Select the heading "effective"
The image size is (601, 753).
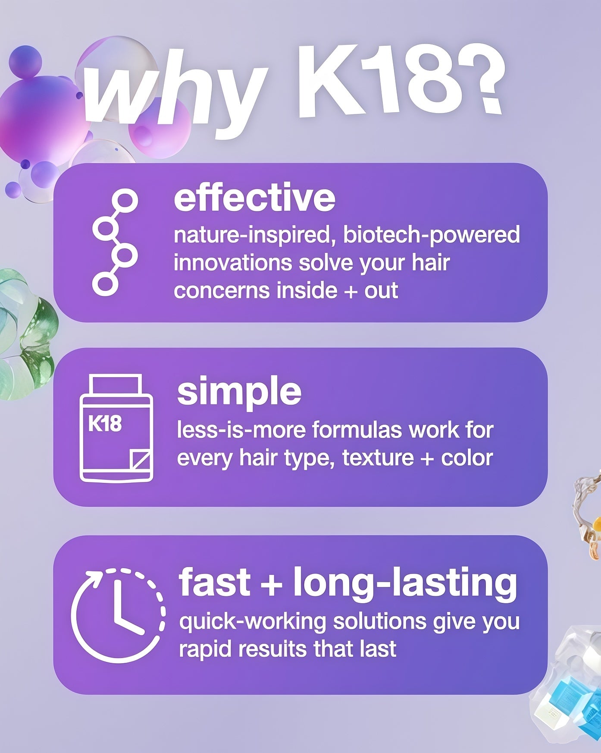[254, 198]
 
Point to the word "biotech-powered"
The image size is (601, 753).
[432, 236]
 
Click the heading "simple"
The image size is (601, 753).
[239, 392]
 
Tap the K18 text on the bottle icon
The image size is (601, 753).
[105, 424]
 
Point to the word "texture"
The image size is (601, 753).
[378, 458]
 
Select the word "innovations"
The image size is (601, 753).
[233, 263]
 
